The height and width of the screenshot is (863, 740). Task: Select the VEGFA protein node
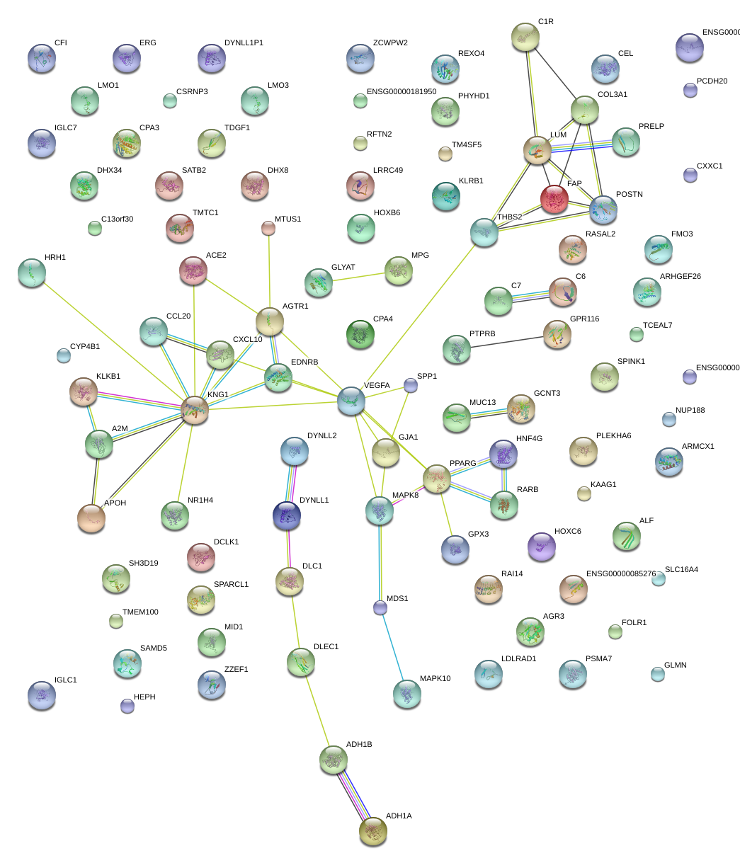[351, 400]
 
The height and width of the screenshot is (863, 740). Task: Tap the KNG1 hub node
[195, 410]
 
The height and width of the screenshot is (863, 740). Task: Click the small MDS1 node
[380, 607]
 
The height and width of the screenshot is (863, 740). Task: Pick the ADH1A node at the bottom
[373, 831]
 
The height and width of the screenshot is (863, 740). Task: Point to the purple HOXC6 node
[542, 547]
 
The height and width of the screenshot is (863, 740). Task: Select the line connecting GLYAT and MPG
[358, 276]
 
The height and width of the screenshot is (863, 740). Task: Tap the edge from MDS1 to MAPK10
[394, 651]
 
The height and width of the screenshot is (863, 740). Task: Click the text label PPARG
[463, 464]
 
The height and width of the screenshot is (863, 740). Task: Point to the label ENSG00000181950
[402, 92]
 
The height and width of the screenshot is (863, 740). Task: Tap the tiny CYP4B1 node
[64, 355]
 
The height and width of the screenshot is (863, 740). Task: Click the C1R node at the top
[525, 36]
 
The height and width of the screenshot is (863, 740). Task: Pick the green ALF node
[627, 536]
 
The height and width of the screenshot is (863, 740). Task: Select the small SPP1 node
[411, 385]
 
